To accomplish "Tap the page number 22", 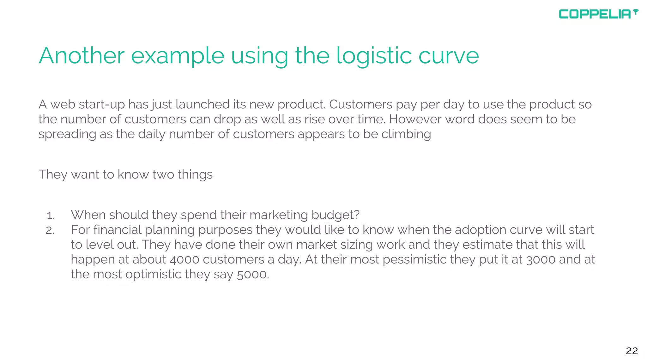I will [x=632, y=351].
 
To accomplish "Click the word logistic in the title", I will [x=374, y=56].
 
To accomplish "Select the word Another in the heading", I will [x=82, y=56].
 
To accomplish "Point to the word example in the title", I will [x=178, y=56].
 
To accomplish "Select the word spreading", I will [x=67, y=134].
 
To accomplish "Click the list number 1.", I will [x=50, y=215].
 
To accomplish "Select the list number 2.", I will [x=50, y=230].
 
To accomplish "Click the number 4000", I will [x=184, y=259].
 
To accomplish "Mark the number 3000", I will [x=541, y=259].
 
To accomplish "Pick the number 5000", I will [x=253, y=274].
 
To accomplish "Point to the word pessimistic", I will [x=414, y=259].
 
